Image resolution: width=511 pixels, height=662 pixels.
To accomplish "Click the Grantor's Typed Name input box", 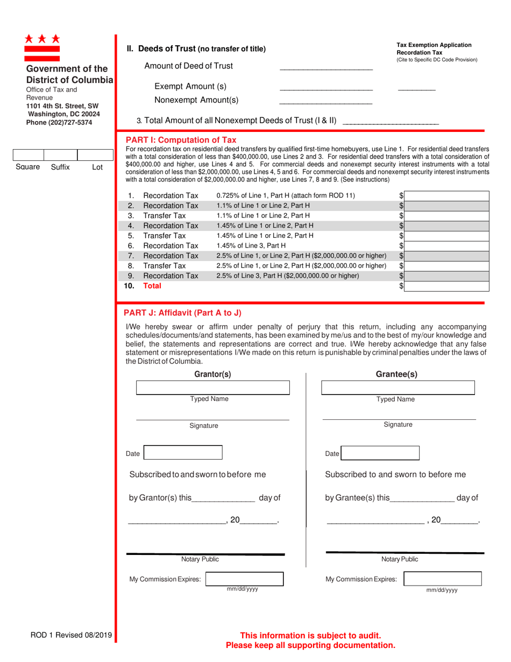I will coord(213,388).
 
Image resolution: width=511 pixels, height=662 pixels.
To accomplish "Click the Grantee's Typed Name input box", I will coord(398,388).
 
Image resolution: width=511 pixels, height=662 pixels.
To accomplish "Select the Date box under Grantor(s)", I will coord(182,453).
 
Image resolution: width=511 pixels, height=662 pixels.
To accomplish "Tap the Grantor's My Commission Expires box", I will coord(245,579).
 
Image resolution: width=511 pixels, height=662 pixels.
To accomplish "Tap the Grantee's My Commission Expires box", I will coord(442,579).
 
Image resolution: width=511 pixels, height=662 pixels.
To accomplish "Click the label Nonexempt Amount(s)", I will coord(196,100).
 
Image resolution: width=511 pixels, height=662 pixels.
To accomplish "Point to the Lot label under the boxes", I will coord(97,167).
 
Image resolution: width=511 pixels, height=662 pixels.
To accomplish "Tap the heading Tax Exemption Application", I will coord(434,45).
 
